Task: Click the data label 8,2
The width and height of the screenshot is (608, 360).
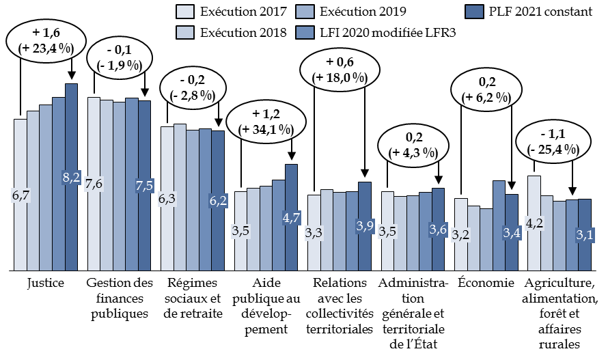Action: [72, 178]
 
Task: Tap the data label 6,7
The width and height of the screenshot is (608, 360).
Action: [20, 195]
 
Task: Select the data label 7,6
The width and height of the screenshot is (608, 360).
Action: [94, 184]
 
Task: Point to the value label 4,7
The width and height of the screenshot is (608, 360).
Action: [292, 217]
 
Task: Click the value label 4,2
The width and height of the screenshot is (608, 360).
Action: [534, 223]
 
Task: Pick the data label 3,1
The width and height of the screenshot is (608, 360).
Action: [585, 235]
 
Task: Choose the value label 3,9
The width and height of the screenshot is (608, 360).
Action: [365, 226]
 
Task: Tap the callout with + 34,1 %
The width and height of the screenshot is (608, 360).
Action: [265, 122]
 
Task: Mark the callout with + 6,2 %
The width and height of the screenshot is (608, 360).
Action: [486, 89]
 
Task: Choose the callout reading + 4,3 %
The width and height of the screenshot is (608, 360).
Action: [413, 146]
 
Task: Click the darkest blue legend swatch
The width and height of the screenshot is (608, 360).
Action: [474, 12]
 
